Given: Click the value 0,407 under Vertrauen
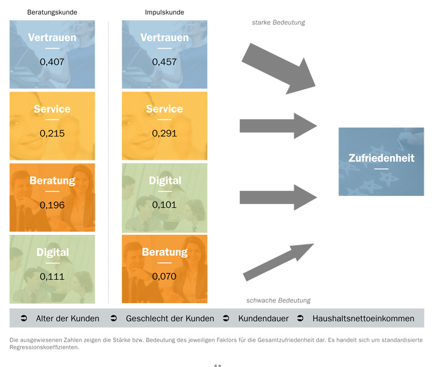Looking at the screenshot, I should [x=52, y=62].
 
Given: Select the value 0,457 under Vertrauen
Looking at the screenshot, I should [x=164, y=62].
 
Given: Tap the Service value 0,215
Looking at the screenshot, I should [x=52, y=133].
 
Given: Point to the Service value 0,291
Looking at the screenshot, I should [x=164, y=133].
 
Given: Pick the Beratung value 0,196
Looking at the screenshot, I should [x=52, y=205].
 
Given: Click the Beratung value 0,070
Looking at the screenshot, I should [x=164, y=276].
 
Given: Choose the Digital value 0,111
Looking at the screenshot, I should [x=52, y=276].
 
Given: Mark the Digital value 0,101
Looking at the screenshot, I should [x=164, y=205].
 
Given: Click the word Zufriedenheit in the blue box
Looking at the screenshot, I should [x=381, y=158].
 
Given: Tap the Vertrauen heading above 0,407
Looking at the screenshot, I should [x=52, y=38].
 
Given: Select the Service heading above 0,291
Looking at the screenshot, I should [x=164, y=109].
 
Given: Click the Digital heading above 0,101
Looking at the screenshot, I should [x=164, y=181].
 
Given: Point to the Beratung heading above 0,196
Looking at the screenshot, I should [x=52, y=181].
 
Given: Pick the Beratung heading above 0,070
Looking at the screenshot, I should [x=164, y=252].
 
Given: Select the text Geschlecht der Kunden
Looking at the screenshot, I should [x=170, y=318].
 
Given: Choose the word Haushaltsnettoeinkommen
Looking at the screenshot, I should [x=363, y=318].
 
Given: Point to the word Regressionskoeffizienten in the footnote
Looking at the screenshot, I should [x=44, y=347].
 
